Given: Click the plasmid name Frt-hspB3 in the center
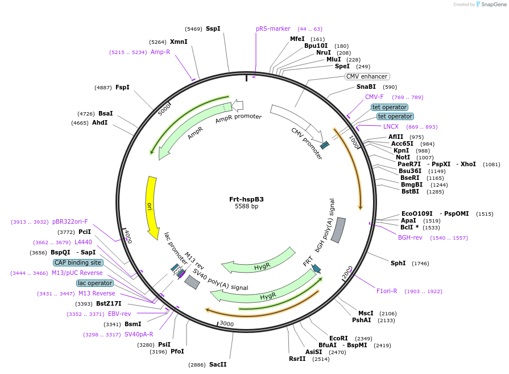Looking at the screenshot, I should pyautogui.click(x=246, y=199).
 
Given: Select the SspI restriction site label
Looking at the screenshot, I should pyautogui.click(x=213, y=28).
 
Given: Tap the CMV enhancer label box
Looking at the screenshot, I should pyautogui.click(x=367, y=76).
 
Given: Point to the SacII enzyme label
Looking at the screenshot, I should pyautogui.click(x=218, y=364).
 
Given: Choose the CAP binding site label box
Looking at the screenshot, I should pyautogui.click(x=78, y=262).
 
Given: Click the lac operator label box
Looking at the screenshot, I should pyautogui.click(x=95, y=283).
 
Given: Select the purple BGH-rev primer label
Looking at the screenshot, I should pyautogui.click(x=410, y=237).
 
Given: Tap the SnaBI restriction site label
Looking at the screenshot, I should pyautogui.click(x=366, y=87).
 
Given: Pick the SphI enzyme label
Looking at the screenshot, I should pyautogui.click(x=398, y=263).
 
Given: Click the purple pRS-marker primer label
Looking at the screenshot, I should pyautogui.click(x=273, y=28).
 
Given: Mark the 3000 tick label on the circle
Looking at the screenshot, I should pyautogui.click(x=226, y=324).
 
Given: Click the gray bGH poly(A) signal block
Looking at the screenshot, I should pyautogui.click(x=338, y=229).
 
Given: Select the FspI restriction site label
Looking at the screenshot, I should pyautogui.click(x=122, y=87).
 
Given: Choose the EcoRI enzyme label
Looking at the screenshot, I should pyautogui.click(x=338, y=338).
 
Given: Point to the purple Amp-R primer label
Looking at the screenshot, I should pyautogui.click(x=160, y=52).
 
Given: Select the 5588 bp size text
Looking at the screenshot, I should pyautogui.click(x=246, y=206).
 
